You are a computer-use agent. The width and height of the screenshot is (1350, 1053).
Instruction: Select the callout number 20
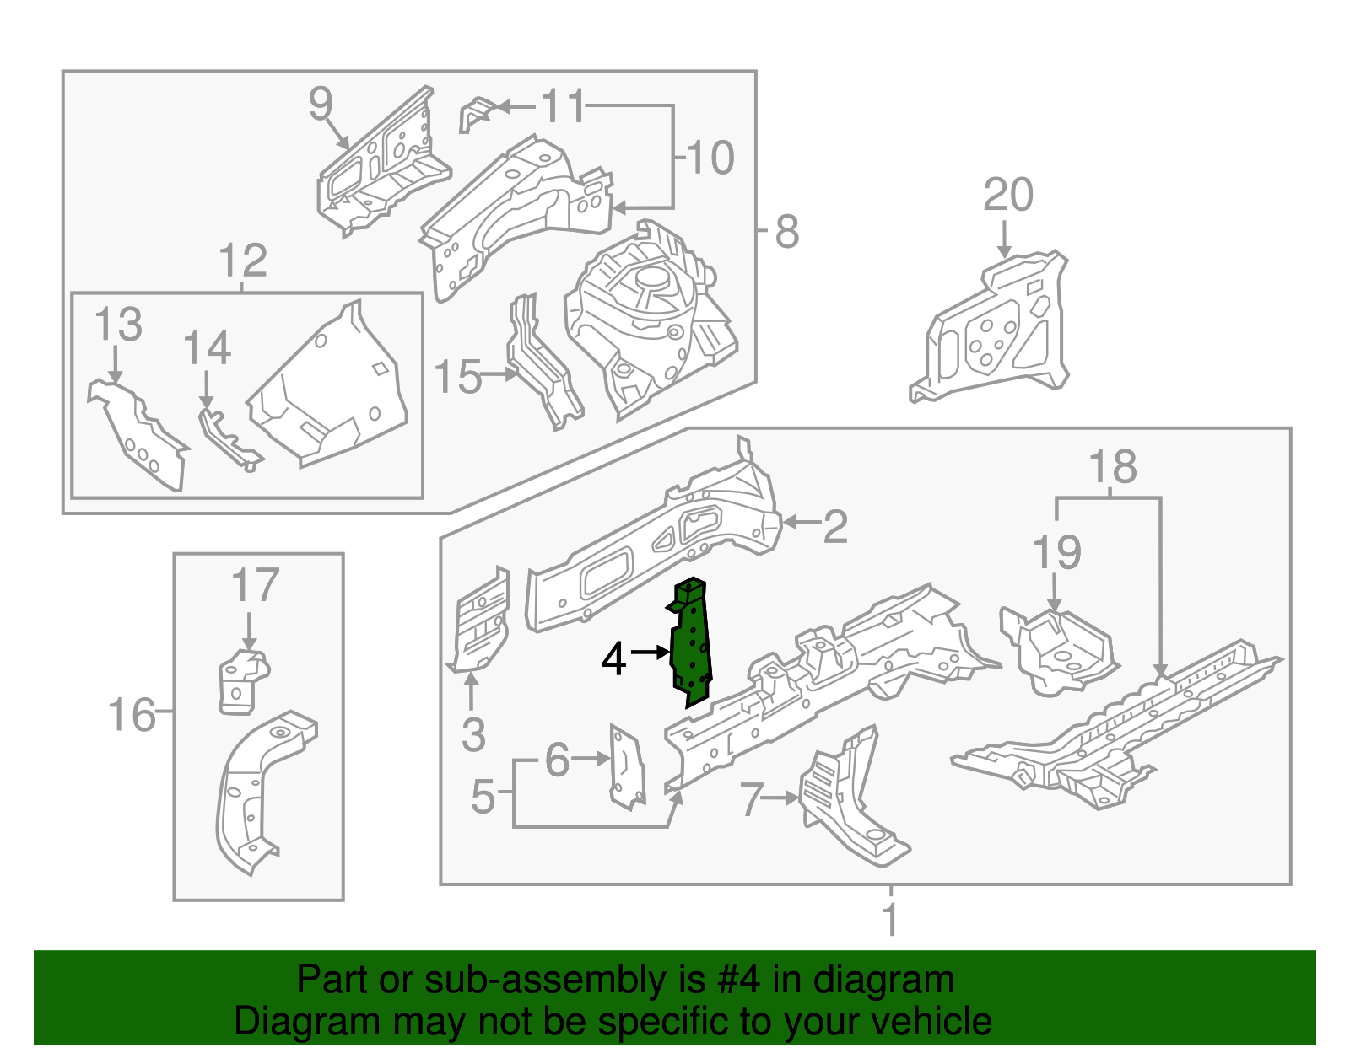(1007, 196)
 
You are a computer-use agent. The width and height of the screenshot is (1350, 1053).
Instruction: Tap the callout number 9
(321, 105)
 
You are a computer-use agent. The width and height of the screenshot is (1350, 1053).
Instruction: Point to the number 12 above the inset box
(242, 261)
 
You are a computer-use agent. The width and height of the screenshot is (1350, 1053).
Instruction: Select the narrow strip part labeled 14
(228, 438)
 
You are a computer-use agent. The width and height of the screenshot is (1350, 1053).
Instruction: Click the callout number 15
(457, 377)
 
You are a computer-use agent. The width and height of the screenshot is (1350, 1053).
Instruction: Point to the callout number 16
(132, 715)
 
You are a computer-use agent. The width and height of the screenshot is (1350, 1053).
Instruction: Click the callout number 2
(834, 526)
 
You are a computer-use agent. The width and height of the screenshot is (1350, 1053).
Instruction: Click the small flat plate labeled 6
(627, 766)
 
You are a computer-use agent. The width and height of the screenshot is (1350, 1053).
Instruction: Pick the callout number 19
(1056, 553)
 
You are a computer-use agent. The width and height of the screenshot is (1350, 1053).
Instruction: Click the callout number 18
(1112, 467)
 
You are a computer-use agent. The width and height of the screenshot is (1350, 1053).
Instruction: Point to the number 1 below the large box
(891, 919)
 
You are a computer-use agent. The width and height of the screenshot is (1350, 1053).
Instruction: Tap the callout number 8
(786, 231)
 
